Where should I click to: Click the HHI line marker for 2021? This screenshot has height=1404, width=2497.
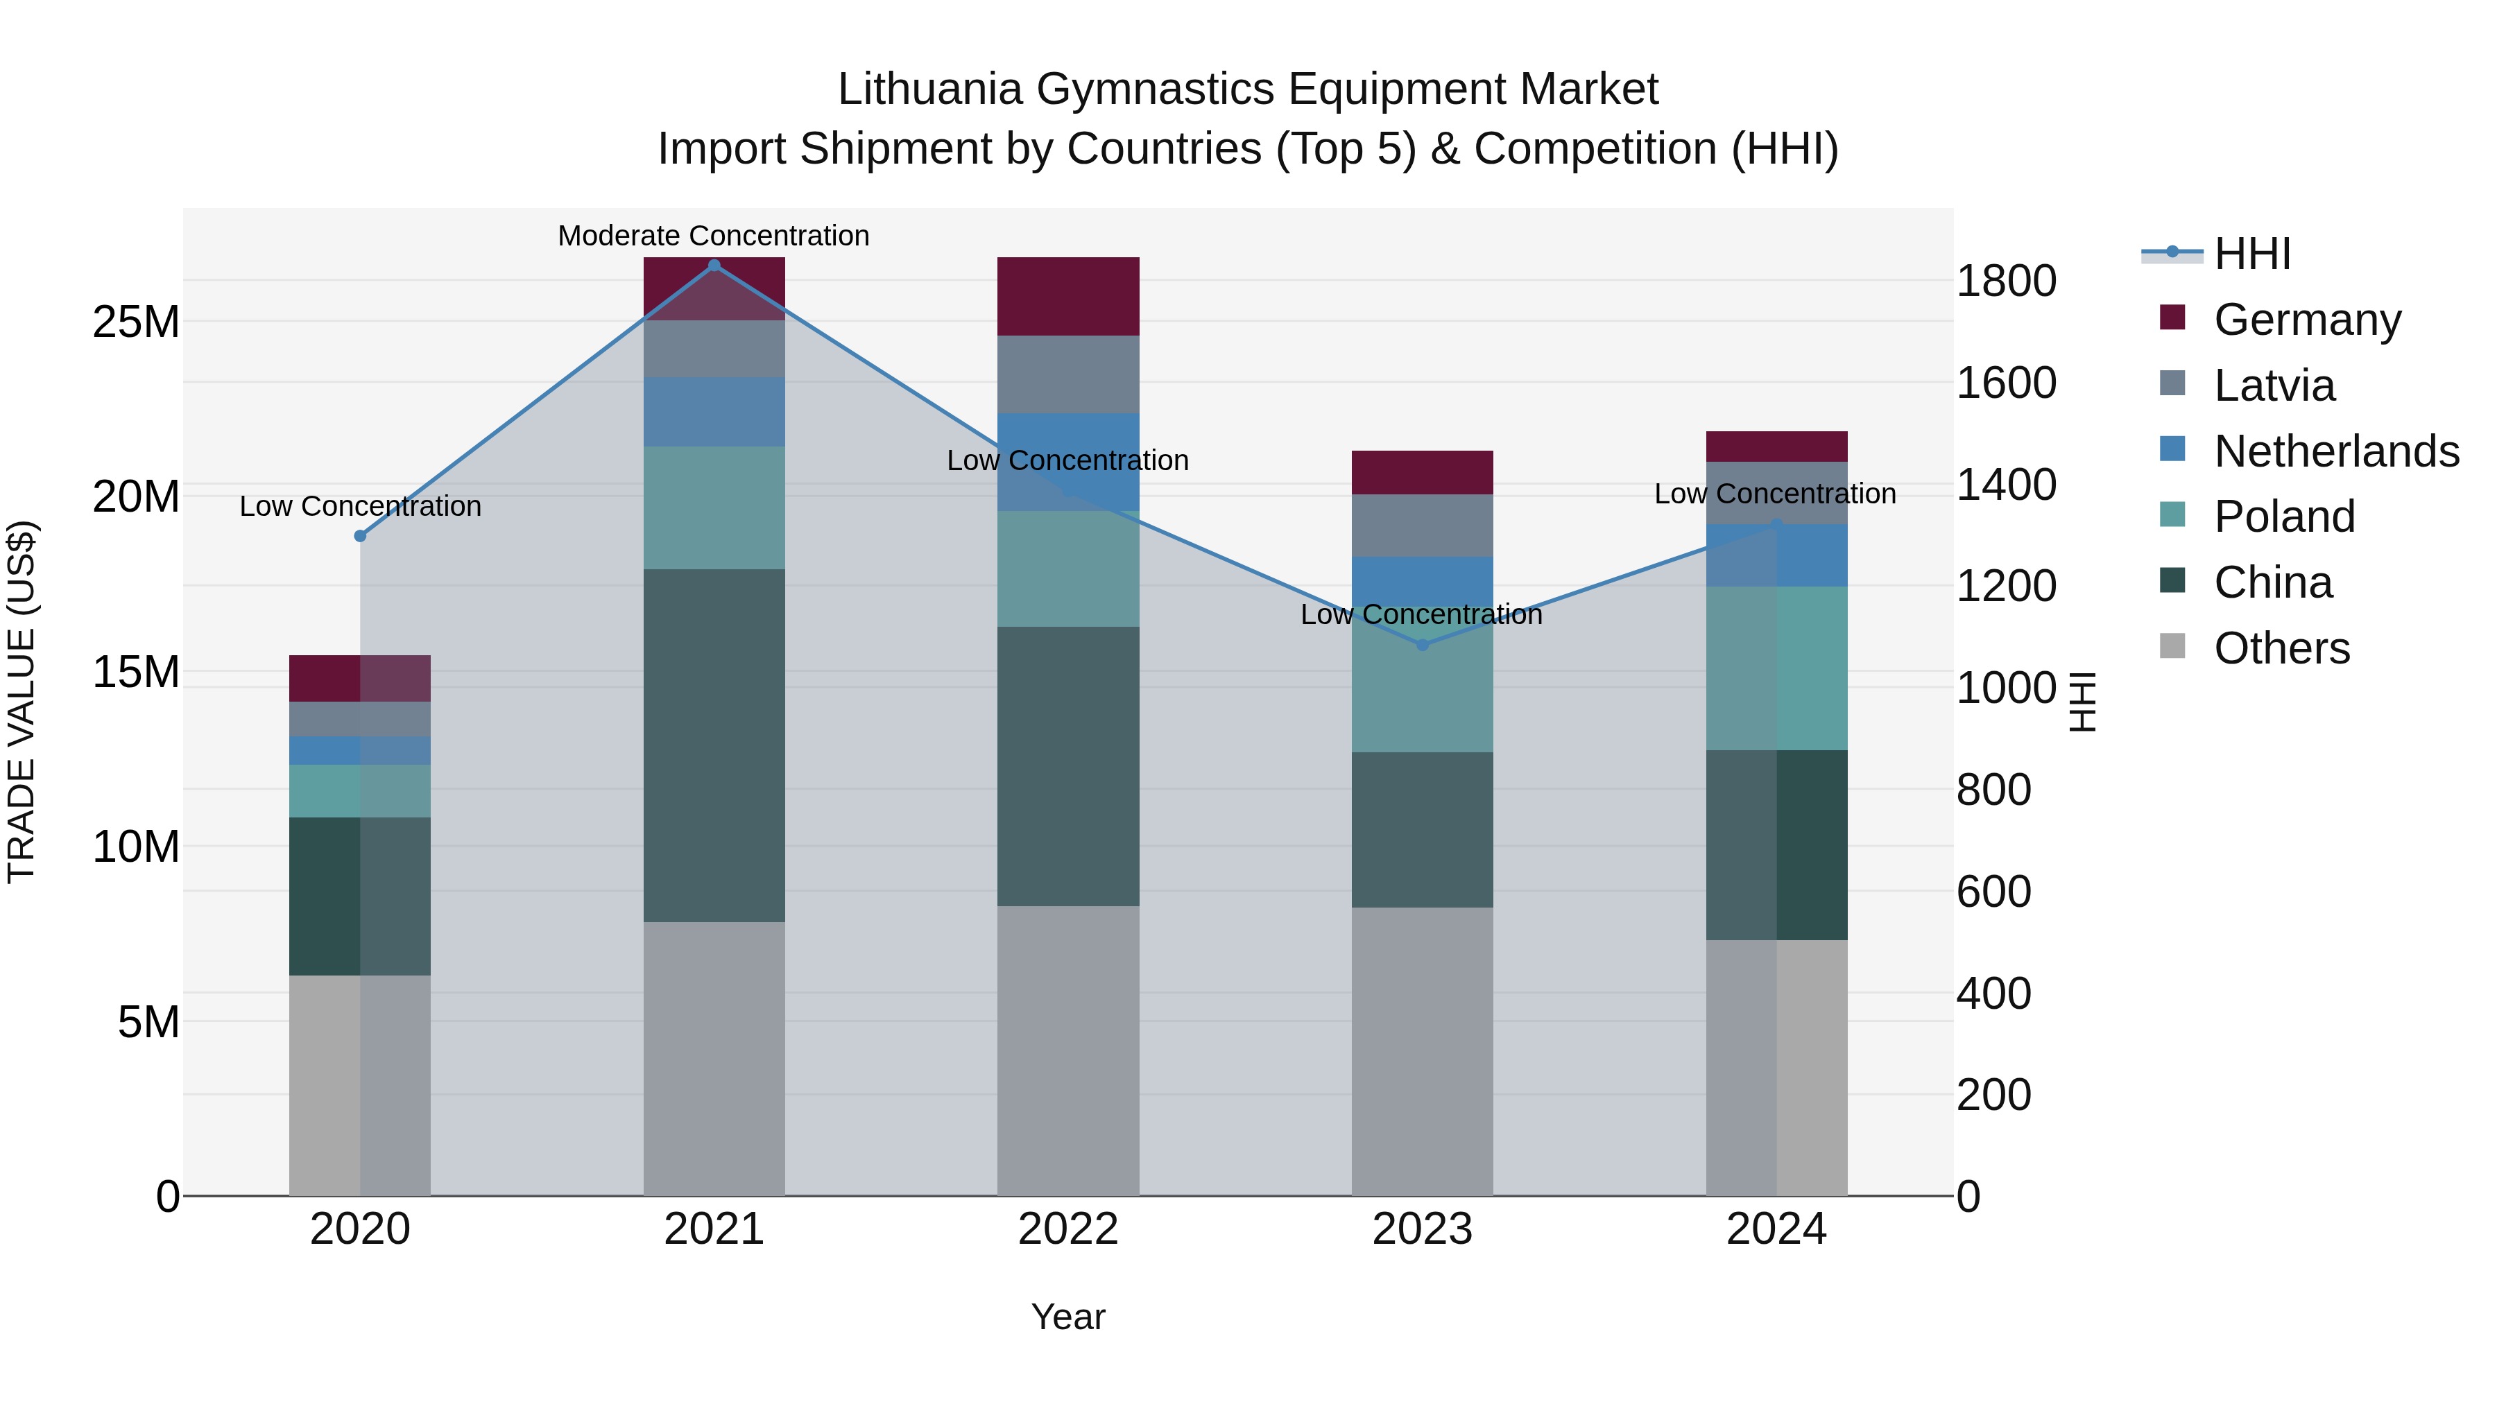point(714,266)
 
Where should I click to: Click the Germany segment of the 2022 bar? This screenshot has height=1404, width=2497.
point(1068,297)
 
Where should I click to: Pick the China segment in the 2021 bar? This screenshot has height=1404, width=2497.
point(714,745)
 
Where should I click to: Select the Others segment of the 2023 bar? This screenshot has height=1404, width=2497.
point(1422,1051)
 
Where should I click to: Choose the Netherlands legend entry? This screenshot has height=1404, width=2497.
point(2336,451)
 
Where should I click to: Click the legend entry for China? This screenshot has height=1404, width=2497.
point(2272,582)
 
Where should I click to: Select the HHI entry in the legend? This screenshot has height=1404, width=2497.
point(2251,254)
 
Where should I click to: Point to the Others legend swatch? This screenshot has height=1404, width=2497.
point(2172,646)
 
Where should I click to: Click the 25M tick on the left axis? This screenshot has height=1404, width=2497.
point(136,322)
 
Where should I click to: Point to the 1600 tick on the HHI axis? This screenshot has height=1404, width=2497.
point(2005,383)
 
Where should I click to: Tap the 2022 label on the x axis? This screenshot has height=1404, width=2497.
point(1068,1229)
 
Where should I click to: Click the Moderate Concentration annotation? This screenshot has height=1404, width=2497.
point(714,236)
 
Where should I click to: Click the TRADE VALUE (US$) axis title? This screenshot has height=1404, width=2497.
point(22,702)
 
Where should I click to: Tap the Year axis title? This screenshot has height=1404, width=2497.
point(1068,1317)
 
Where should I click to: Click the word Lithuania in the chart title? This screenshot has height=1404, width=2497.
point(929,89)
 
